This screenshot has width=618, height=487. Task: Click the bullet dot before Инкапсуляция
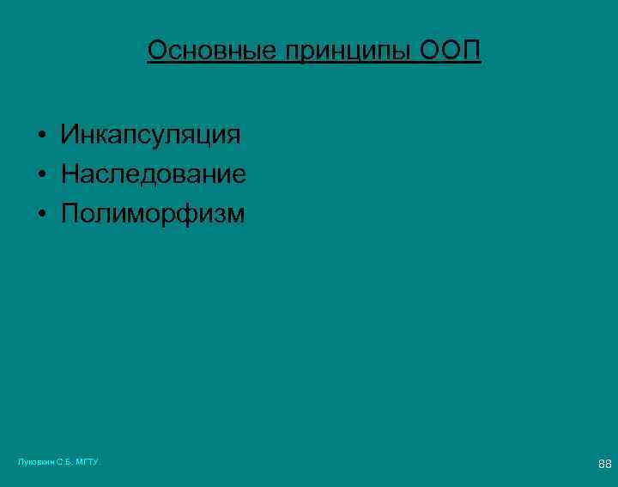point(40,136)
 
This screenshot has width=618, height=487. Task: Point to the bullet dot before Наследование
point(40,176)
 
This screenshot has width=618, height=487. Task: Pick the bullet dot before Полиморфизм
point(40,216)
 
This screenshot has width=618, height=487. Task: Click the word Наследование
point(153,175)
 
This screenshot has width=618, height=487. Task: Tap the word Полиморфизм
point(152,215)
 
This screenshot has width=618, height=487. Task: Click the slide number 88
point(604,465)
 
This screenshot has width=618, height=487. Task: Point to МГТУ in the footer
point(88,462)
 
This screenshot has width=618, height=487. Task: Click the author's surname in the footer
point(37,462)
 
